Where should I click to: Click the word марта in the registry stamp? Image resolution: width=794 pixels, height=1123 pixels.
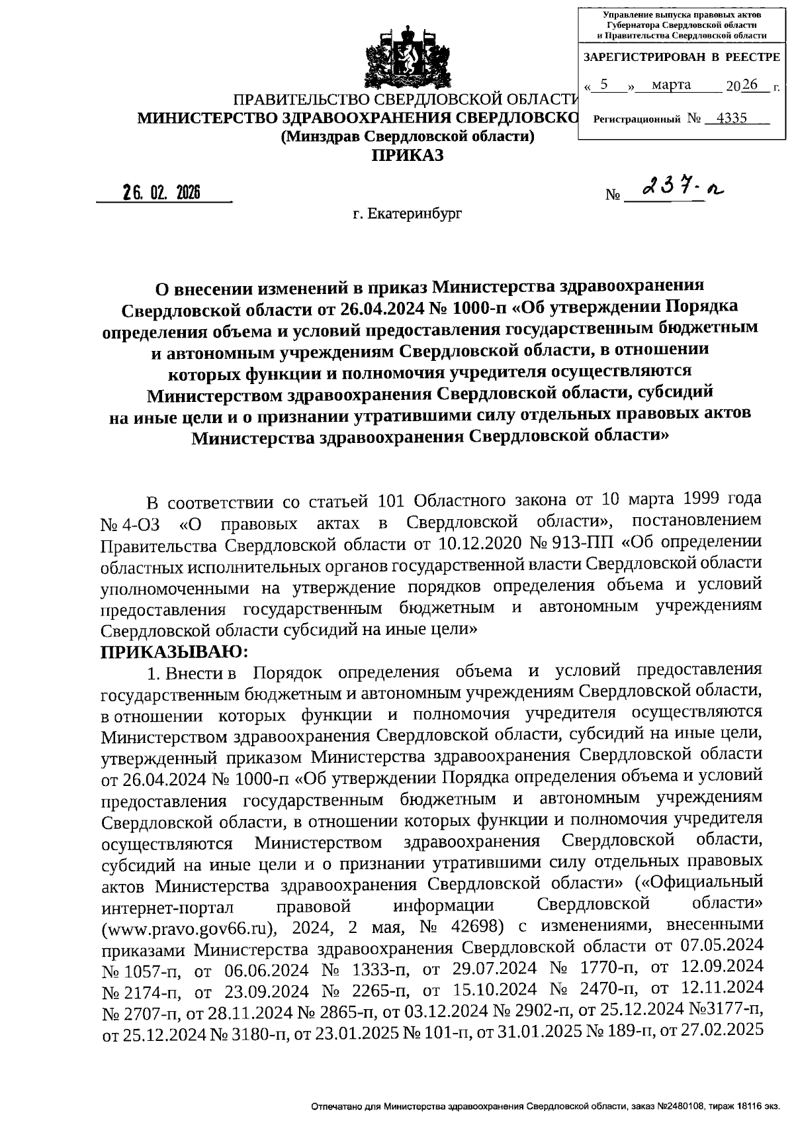(671, 85)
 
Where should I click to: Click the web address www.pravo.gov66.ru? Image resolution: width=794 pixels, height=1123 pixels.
(187, 928)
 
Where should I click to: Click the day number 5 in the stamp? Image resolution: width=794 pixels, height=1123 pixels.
(603, 85)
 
